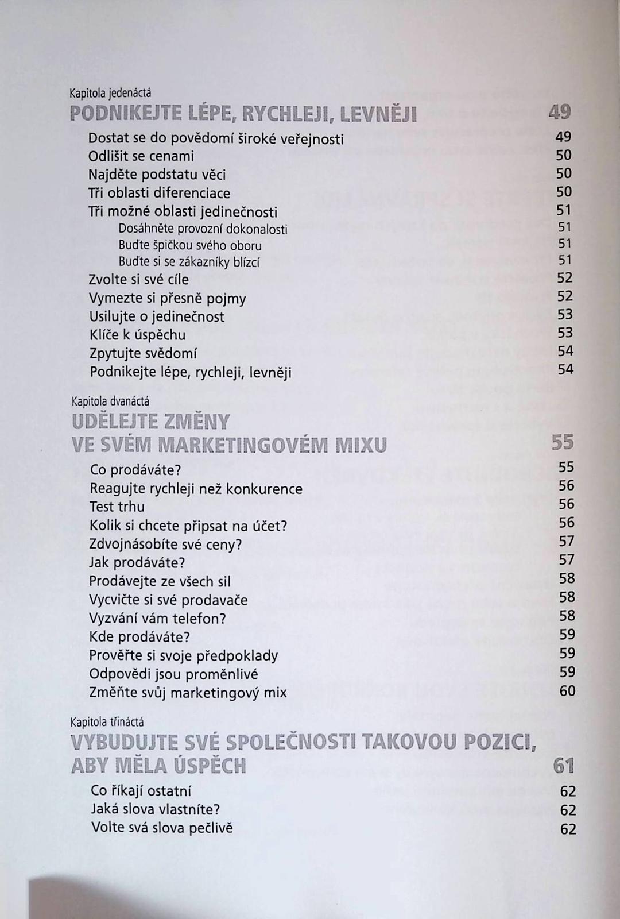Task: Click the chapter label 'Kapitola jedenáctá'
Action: [x=110, y=92]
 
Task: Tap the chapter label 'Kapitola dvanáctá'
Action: [x=110, y=401]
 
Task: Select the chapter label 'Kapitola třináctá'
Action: [x=107, y=722]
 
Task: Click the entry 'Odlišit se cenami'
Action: [x=141, y=156]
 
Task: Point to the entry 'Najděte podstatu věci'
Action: [x=157, y=175]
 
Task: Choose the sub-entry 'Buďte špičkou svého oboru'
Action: [x=190, y=246]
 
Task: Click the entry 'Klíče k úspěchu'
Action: [x=137, y=335]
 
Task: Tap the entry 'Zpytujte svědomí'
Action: [x=143, y=353]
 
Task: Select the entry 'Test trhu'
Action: [x=117, y=507]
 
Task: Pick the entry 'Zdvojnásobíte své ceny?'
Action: [x=166, y=544]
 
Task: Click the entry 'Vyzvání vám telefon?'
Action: [x=158, y=619]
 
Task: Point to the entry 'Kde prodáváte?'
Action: [x=139, y=637]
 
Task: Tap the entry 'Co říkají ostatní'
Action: [x=141, y=791]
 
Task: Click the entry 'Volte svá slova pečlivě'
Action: [x=162, y=828]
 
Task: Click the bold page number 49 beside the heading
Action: [x=560, y=112]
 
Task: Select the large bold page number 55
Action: [x=563, y=443]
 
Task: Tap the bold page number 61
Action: [x=564, y=766]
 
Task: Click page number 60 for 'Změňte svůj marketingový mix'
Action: [x=567, y=691]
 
